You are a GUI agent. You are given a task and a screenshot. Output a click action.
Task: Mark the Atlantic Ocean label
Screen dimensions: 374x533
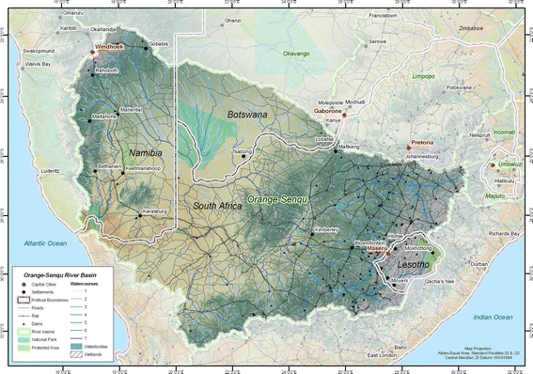[x=37, y=219]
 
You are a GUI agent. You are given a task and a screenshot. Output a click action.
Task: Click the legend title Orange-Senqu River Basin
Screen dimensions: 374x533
[x=63, y=273]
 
